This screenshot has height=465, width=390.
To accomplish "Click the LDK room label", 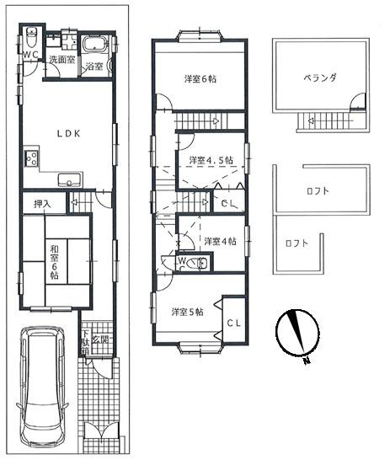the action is pos(68,134).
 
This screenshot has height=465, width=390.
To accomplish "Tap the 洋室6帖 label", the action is pos(200,79).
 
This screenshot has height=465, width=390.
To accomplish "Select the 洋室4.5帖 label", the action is pos(211,160).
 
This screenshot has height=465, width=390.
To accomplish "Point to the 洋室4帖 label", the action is pos(220,241).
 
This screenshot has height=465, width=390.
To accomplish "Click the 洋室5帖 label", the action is pos(188,312).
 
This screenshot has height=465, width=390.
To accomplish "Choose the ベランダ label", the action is pos(320,78).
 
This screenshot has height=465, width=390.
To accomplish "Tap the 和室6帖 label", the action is pos(54,258).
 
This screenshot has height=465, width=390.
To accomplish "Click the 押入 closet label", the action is pos(42,204).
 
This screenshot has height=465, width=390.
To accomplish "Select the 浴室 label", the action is pos(94,67).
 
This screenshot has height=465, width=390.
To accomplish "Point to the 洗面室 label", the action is pos(61,60).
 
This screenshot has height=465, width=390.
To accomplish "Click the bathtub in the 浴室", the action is pos(94,45).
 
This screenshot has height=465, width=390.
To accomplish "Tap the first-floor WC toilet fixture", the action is pos(31,37).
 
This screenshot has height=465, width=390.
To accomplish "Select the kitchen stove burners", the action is pos(31,158).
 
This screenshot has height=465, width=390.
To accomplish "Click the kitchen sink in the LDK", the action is pos(70,179).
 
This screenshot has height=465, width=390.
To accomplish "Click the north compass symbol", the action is pos(297,333).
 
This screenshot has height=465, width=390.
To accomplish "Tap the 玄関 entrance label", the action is pos(100,339).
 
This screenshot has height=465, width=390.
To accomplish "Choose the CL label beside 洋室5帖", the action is pos(234,323).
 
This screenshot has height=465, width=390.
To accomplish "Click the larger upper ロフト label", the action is pos(318,190).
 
